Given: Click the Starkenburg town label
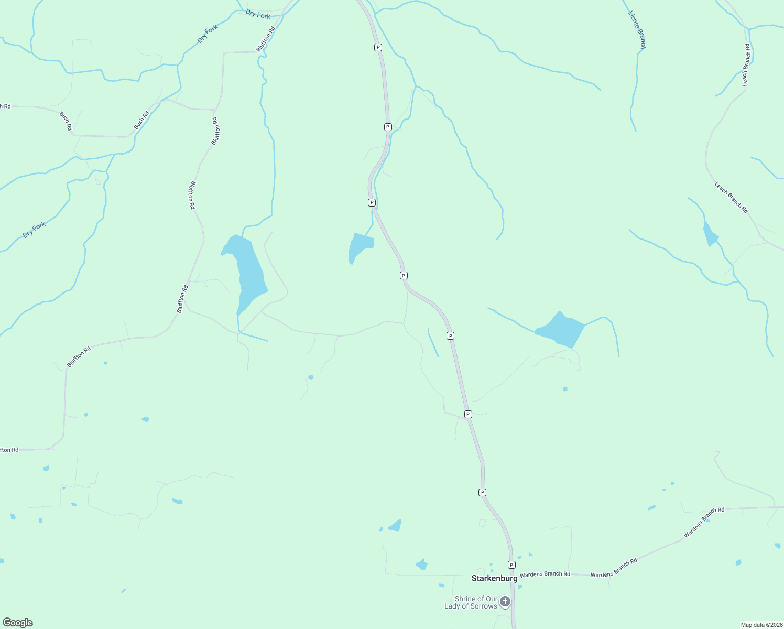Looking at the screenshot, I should coord(494,578).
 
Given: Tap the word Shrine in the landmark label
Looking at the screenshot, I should coord(465,599).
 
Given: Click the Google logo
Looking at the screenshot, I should coord(18,623).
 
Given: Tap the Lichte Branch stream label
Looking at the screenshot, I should coord(637,30).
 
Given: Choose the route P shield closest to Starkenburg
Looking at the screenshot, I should coord(511,565).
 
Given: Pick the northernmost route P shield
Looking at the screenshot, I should coord(378,47).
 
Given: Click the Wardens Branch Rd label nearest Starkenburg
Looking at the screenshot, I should coord(545,574).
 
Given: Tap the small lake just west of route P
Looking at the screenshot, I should coord(360,246).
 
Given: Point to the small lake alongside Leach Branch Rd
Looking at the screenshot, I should coord(710,234).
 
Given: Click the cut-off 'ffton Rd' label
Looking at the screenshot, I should coord(9,450).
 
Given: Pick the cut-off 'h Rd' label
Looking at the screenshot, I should coord(5,106).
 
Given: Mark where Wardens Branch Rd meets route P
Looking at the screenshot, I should coord(512,574).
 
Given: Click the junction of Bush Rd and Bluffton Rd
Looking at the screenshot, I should coord(215,110).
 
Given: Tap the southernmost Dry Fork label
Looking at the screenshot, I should coord(35,230).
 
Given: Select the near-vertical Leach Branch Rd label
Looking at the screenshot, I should coord(746,65).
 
